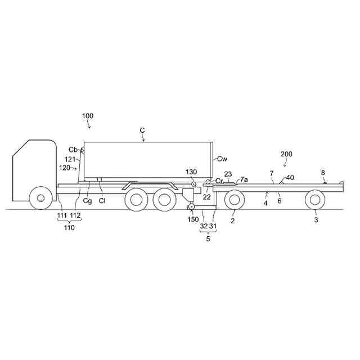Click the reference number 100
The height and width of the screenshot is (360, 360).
[88, 116]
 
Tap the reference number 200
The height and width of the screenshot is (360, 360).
[286, 154]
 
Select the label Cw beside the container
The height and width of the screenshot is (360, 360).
[222, 159]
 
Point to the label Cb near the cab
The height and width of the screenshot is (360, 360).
[73, 150]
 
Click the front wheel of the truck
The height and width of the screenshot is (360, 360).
[40, 197]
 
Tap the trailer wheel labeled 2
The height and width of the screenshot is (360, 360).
[234, 200]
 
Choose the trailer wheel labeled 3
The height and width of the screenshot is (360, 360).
[315, 200]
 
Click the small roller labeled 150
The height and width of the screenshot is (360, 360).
[191, 207]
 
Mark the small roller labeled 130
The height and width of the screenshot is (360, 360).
[193, 184]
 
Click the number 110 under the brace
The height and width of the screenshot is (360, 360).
[69, 227]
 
